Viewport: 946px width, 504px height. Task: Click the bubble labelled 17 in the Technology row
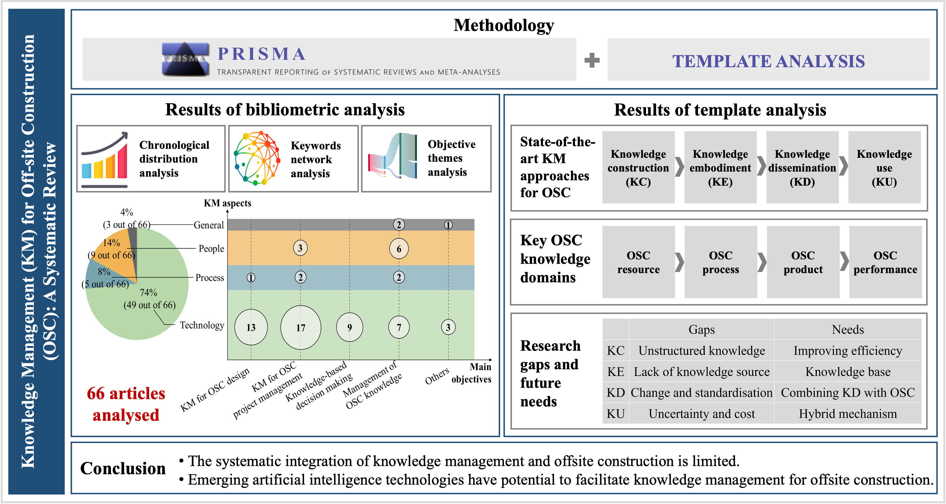click(300, 327)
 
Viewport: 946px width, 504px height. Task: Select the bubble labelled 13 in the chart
click(251, 327)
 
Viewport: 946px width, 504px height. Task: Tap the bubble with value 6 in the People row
click(399, 249)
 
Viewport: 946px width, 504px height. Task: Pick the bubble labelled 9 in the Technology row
click(349, 327)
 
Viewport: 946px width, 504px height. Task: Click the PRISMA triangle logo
click(185, 59)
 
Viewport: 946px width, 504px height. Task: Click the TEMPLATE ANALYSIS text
click(768, 61)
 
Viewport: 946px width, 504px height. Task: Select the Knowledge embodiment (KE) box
click(720, 167)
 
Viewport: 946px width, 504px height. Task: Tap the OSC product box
click(803, 262)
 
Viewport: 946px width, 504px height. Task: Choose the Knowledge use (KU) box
click(884, 167)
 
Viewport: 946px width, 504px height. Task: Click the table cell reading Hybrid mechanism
click(848, 413)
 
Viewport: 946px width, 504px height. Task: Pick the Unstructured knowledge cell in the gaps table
click(701, 350)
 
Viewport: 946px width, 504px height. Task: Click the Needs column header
click(848, 329)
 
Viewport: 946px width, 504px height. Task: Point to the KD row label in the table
click(615, 393)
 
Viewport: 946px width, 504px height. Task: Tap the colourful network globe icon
click(257, 158)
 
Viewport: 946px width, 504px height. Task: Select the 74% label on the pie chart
click(148, 292)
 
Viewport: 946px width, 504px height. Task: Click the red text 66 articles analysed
click(126, 404)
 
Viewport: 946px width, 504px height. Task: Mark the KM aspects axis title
click(227, 203)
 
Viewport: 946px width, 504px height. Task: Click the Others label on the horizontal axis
click(437, 376)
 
